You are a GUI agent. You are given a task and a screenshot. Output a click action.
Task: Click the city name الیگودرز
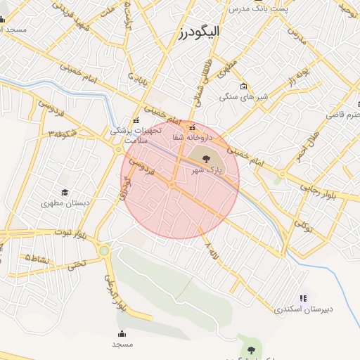pyautogui.click(x=199, y=32)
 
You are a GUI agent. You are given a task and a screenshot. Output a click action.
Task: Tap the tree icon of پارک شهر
pyautogui.click(x=206, y=157)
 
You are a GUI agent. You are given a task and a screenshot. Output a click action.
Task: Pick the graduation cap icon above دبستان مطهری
pyautogui.click(x=65, y=192)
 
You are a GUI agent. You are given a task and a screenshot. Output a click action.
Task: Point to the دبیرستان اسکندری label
pyautogui.click(x=303, y=309)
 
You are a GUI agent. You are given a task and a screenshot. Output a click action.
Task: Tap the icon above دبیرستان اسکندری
pyautogui.click(x=303, y=298)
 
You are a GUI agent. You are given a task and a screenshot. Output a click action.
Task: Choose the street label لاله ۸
pyautogui.click(x=212, y=250)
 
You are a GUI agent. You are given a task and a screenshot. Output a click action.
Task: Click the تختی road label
pyautogui.click(x=75, y=264)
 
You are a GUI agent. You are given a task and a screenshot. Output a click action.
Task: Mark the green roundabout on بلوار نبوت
pyautogui.click(x=104, y=250)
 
